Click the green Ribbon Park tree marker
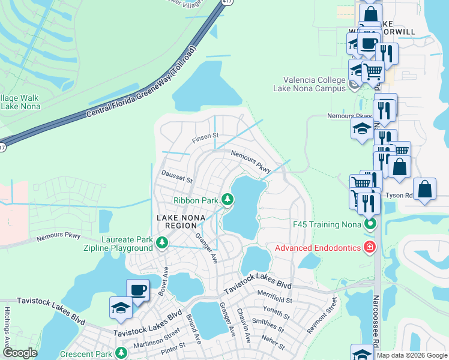tap(227, 199)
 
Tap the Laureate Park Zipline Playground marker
tap(161, 242)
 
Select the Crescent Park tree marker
tap(122, 352)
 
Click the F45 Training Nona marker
tap(370, 224)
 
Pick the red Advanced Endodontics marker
tap(370, 247)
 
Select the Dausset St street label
tap(176, 179)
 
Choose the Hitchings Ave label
tap(8, 342)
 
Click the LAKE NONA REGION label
tap(176, 221)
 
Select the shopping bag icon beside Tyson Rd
tap(425, 188)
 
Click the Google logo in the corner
tap(20, 353)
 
